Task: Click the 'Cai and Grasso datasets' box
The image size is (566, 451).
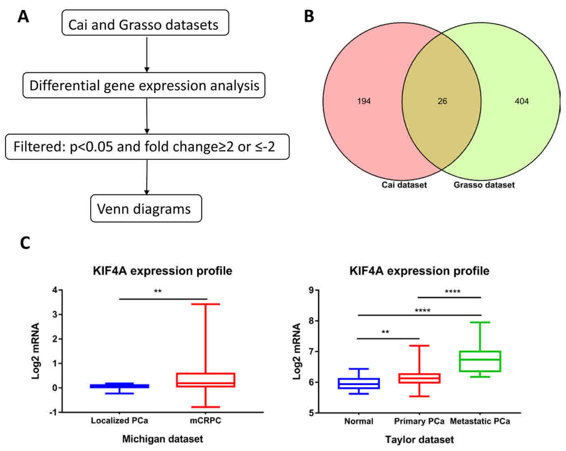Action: click(x=145, y=24)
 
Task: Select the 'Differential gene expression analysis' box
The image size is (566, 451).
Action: click(x=144, y=85)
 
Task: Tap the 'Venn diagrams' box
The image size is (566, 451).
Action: click(x=146, y=208)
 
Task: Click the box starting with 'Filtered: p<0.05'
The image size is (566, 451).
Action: click(x=147, y=147)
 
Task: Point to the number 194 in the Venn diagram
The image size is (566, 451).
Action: click(x=364, y=101)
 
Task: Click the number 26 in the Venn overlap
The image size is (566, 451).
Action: click(x=442, y=101)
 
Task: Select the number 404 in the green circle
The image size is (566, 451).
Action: click(x=521, y=101)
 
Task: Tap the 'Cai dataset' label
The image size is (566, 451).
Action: click(x=404, y=185)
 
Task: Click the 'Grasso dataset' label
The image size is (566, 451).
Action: click(x=484, y=185)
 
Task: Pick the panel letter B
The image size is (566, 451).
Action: click(x=309, y=17)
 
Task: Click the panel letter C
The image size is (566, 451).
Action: click(x=25, y=243)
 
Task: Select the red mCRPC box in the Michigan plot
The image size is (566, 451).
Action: click(x=206, y=380)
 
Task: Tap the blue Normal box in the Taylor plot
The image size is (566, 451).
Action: click(x=359, y=383)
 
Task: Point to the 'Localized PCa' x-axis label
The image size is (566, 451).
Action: click(x=119, y=421)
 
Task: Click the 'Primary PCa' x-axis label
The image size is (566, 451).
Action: click(x=419, y=421)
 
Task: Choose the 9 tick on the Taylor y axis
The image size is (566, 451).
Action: click(x=311, y=290)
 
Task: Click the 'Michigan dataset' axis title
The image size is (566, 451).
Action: click(x=162, y=439)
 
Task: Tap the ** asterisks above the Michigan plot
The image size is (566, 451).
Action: click(x=158, y=291)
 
